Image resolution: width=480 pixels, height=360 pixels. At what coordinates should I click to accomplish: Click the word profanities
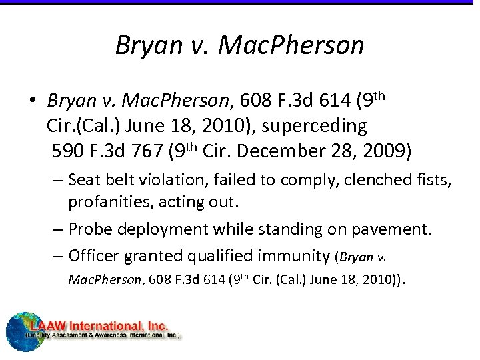tap(103, 201)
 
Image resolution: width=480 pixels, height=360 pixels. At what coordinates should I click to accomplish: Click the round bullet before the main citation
tap(31, 101)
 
